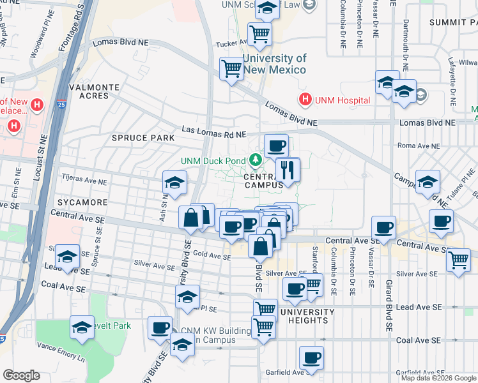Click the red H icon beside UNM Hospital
(305, 100)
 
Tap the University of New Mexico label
(274, 64)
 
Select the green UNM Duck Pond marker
(256, 160)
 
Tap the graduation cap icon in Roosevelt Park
(82, 328)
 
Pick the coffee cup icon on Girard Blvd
(384, 228)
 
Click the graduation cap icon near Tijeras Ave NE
(174, 183)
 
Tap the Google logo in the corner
(21, 375)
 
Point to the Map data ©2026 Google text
(438, 378)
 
